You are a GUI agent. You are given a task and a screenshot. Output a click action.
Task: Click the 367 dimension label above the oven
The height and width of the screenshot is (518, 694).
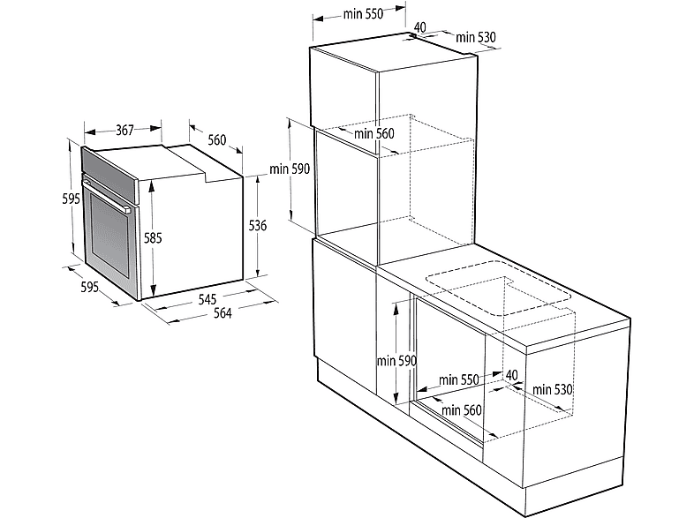[x=124, y=130]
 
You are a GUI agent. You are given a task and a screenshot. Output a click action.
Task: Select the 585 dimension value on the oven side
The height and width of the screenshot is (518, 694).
[x=153, y=238]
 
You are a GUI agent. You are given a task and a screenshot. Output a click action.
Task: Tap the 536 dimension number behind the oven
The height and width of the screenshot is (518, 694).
[x=258, y=226]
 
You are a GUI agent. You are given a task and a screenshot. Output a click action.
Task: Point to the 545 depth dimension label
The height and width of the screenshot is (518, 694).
[x=207, y=299]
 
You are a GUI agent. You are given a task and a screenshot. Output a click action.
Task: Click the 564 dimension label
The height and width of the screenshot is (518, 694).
[x=223, y=313]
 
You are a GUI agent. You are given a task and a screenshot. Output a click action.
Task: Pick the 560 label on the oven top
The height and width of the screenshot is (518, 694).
[x=217, y=140]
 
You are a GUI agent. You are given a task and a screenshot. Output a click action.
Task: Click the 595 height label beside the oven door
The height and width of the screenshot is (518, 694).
[x=71, y=199]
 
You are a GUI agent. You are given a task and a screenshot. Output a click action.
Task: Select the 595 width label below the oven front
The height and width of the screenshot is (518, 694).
[x=89, y=287]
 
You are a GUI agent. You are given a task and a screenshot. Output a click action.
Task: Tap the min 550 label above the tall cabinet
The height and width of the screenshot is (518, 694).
[x=363, y=14]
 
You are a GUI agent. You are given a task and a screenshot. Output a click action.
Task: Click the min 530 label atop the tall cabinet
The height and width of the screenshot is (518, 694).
[x=476, y=37]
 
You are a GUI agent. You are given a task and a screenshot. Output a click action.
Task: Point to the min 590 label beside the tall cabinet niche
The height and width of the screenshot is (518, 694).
[x=290, y=169]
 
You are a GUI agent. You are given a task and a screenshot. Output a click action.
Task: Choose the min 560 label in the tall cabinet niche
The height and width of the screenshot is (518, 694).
[x=374, y=133]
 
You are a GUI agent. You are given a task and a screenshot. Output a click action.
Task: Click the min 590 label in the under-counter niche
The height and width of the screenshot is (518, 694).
[x=397, y=361]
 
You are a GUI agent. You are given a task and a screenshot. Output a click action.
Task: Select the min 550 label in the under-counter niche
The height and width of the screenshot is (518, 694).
[x=459, y=379]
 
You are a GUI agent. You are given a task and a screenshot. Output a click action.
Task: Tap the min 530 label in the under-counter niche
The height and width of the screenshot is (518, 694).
[x=553, y=390]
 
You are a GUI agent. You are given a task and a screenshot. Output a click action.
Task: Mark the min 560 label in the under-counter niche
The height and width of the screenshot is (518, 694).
[x=461, y=410]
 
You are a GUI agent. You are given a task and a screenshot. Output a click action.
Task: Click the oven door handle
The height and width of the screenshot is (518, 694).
[x=106, y=194]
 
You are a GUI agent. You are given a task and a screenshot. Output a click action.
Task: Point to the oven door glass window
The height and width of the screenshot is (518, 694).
[x=109, y=232]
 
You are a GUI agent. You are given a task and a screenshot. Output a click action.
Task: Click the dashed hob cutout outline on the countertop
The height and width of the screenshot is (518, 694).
[x=499, y=289]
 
